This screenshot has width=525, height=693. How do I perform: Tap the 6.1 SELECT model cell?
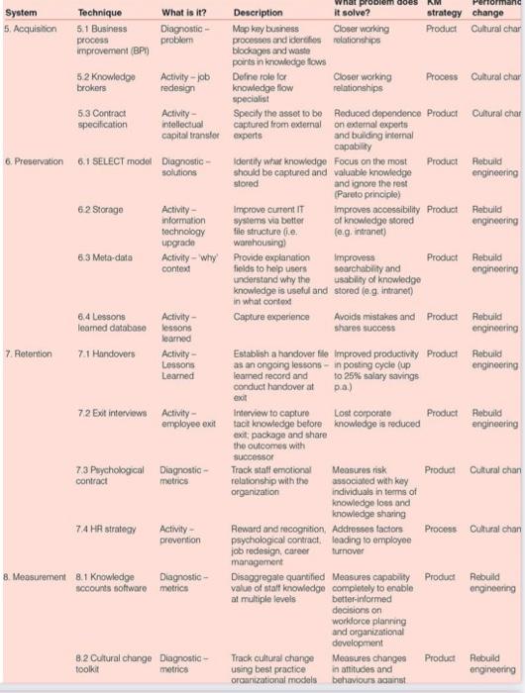[112, 159]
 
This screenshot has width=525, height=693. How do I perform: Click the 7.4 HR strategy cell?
[106, 529]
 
